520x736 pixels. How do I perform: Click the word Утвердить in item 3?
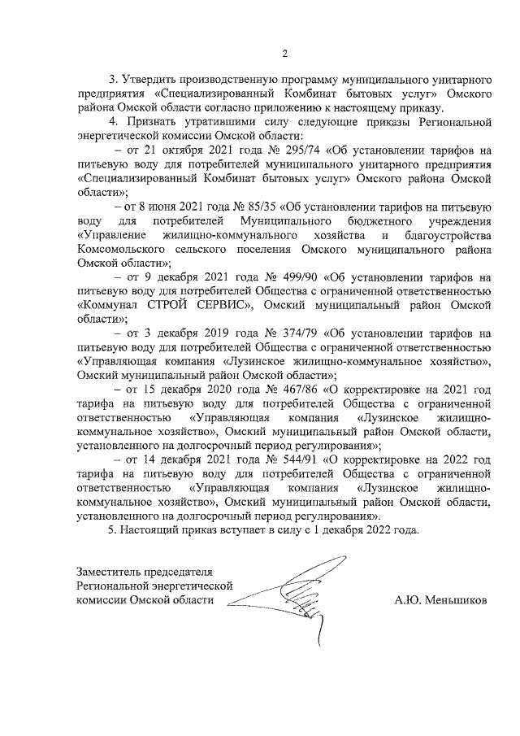(149, 80)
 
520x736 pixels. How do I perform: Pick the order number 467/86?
(317, 389)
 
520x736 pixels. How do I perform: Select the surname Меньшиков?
(458, 600)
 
